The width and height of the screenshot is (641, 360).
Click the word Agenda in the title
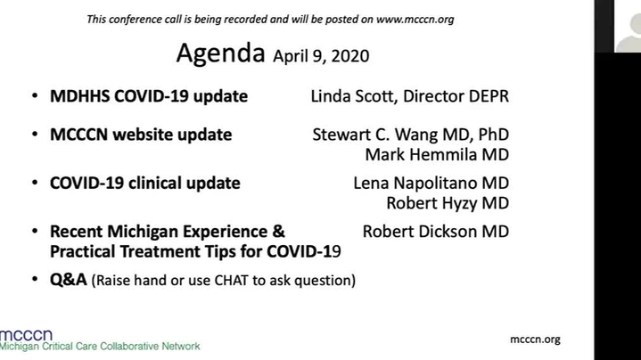click(x=221, y=53)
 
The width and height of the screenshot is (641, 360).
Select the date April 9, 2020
click(x=321, y=56)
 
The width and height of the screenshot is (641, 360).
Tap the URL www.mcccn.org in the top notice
click(x=415, y=20)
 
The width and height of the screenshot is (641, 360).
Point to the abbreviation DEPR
click(x=489, y=96)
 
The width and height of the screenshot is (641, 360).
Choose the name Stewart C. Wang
click(x=380, y=135)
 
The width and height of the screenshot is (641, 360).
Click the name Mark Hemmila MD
click(x=437, y=154)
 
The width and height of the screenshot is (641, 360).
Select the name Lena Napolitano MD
click(x=431, y=183)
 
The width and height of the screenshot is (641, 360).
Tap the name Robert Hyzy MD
click(x=448, y=203)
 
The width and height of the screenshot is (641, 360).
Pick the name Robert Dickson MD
click(x=436, y=232)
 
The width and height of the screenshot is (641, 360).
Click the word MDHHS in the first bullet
click(x=79, y=96)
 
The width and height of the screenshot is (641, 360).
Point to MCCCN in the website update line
click(x=78, y=135)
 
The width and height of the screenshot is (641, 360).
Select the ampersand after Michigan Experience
click(x=278, y=232)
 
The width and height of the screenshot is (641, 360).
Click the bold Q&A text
click(x=69, y=280)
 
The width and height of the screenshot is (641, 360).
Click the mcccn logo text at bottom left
click(x=27, y=335)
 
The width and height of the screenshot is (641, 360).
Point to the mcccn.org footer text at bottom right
click(x=535, y=340)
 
